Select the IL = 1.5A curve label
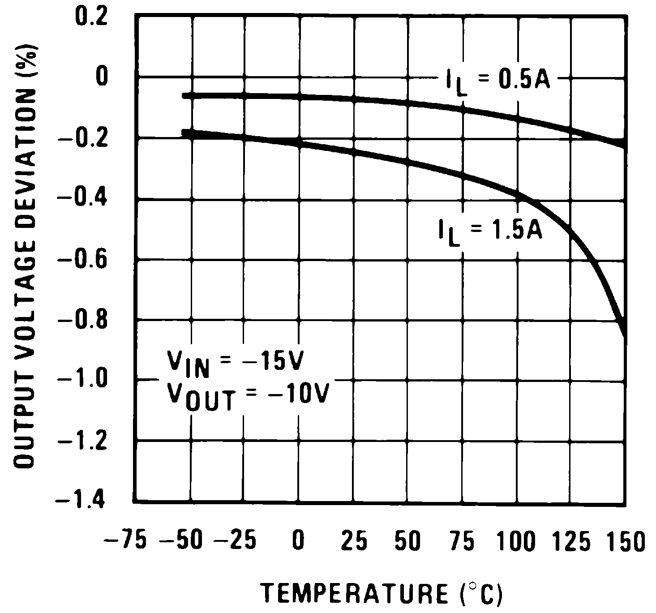tap(490, 233)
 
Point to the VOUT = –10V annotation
tap(248, 396)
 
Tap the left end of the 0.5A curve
tap(184, 95)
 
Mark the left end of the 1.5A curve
tap(184, 132)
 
